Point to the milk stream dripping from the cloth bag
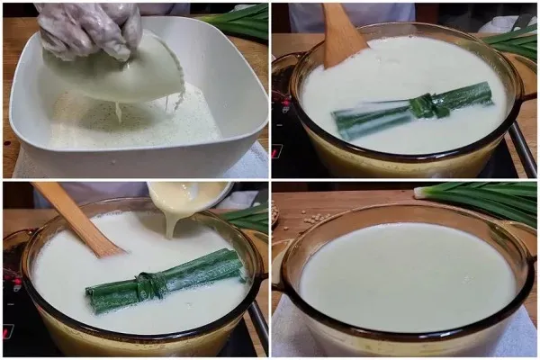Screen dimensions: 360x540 (118, 112)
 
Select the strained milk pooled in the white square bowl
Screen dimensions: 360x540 (135, 126)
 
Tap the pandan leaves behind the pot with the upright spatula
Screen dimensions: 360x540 (517, 40)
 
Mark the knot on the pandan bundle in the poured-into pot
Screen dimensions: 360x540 (147, 285)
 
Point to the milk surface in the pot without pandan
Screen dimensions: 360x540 (405, 274)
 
